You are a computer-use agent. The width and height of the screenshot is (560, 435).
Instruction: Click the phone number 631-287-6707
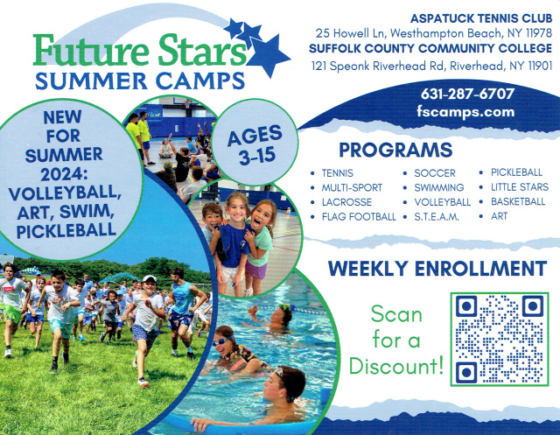click(x=467, y=94)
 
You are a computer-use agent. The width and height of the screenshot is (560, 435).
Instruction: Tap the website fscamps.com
click(x=465, y=112)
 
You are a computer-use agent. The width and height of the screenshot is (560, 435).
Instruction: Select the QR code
click(x=500, y=339)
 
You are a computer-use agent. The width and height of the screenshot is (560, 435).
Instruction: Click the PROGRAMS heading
click(x=395, y=150)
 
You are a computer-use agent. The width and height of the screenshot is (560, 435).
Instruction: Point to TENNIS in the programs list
click(x=337, y=173)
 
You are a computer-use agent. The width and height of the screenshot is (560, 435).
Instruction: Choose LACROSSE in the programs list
click(x=346, y=202)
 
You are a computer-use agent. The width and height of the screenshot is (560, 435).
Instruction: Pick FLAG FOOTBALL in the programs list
click(x=359, y=217)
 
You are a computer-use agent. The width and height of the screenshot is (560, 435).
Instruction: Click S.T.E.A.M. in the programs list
click(x=437, y=217)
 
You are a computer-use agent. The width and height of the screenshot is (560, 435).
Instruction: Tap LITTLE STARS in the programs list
click(x=520, y=187)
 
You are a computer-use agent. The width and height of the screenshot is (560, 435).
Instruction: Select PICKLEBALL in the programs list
click(x=516, y=172)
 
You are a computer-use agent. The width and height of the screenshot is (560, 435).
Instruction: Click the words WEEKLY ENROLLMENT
click(x=437, y=269)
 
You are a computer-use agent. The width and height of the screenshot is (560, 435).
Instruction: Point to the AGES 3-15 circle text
click(x=255, y=145)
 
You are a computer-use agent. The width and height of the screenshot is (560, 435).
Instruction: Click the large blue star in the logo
click(x=268, y=56)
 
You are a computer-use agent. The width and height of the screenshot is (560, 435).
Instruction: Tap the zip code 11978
click(x=539, y=33)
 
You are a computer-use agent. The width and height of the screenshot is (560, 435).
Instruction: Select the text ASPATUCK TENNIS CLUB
click(x=481, y=18)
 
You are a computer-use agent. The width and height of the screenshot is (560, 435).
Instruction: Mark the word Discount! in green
click(x=396, y=366)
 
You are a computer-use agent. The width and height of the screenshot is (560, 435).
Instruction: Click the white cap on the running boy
click(x=150, y=278)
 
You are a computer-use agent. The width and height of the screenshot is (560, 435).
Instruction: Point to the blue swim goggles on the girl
click(x=222, y=341)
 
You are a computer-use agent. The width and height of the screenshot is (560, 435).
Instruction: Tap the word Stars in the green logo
click(x=202, y=51)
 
